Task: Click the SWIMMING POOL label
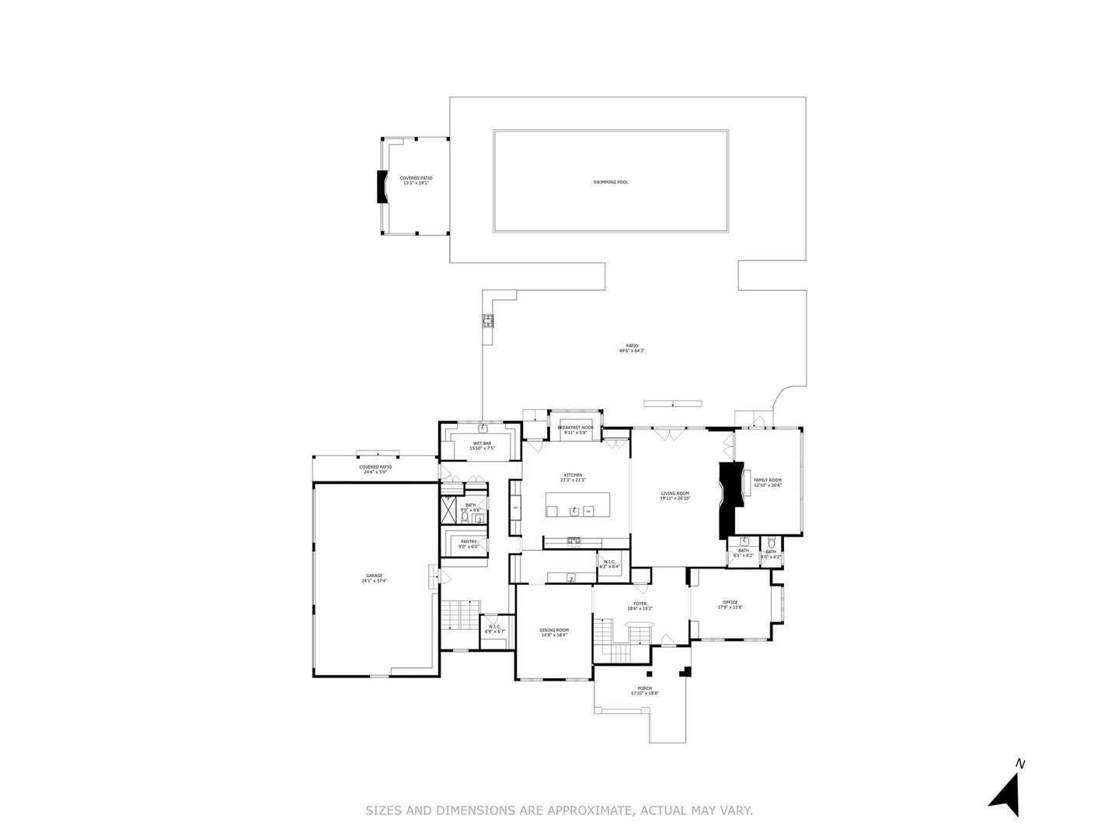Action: point(611,182)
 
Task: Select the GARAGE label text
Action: point(374,576)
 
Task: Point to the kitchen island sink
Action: point(573,510)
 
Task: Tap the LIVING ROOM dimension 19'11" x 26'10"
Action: point(675,499)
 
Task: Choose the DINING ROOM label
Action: point(554,630)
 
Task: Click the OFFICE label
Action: point(730,602)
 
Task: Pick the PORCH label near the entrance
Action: point(644,688)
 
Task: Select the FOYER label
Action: point(640,604)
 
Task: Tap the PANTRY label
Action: point(469,541)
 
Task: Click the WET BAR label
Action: point(482,443)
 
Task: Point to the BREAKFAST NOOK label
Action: point(575,428)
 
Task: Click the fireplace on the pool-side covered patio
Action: point(382,187)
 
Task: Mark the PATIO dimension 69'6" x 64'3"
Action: point(632,351)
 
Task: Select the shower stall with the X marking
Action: point(449,510)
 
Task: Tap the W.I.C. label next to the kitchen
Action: point(609,561)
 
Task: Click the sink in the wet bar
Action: point(483,428)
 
